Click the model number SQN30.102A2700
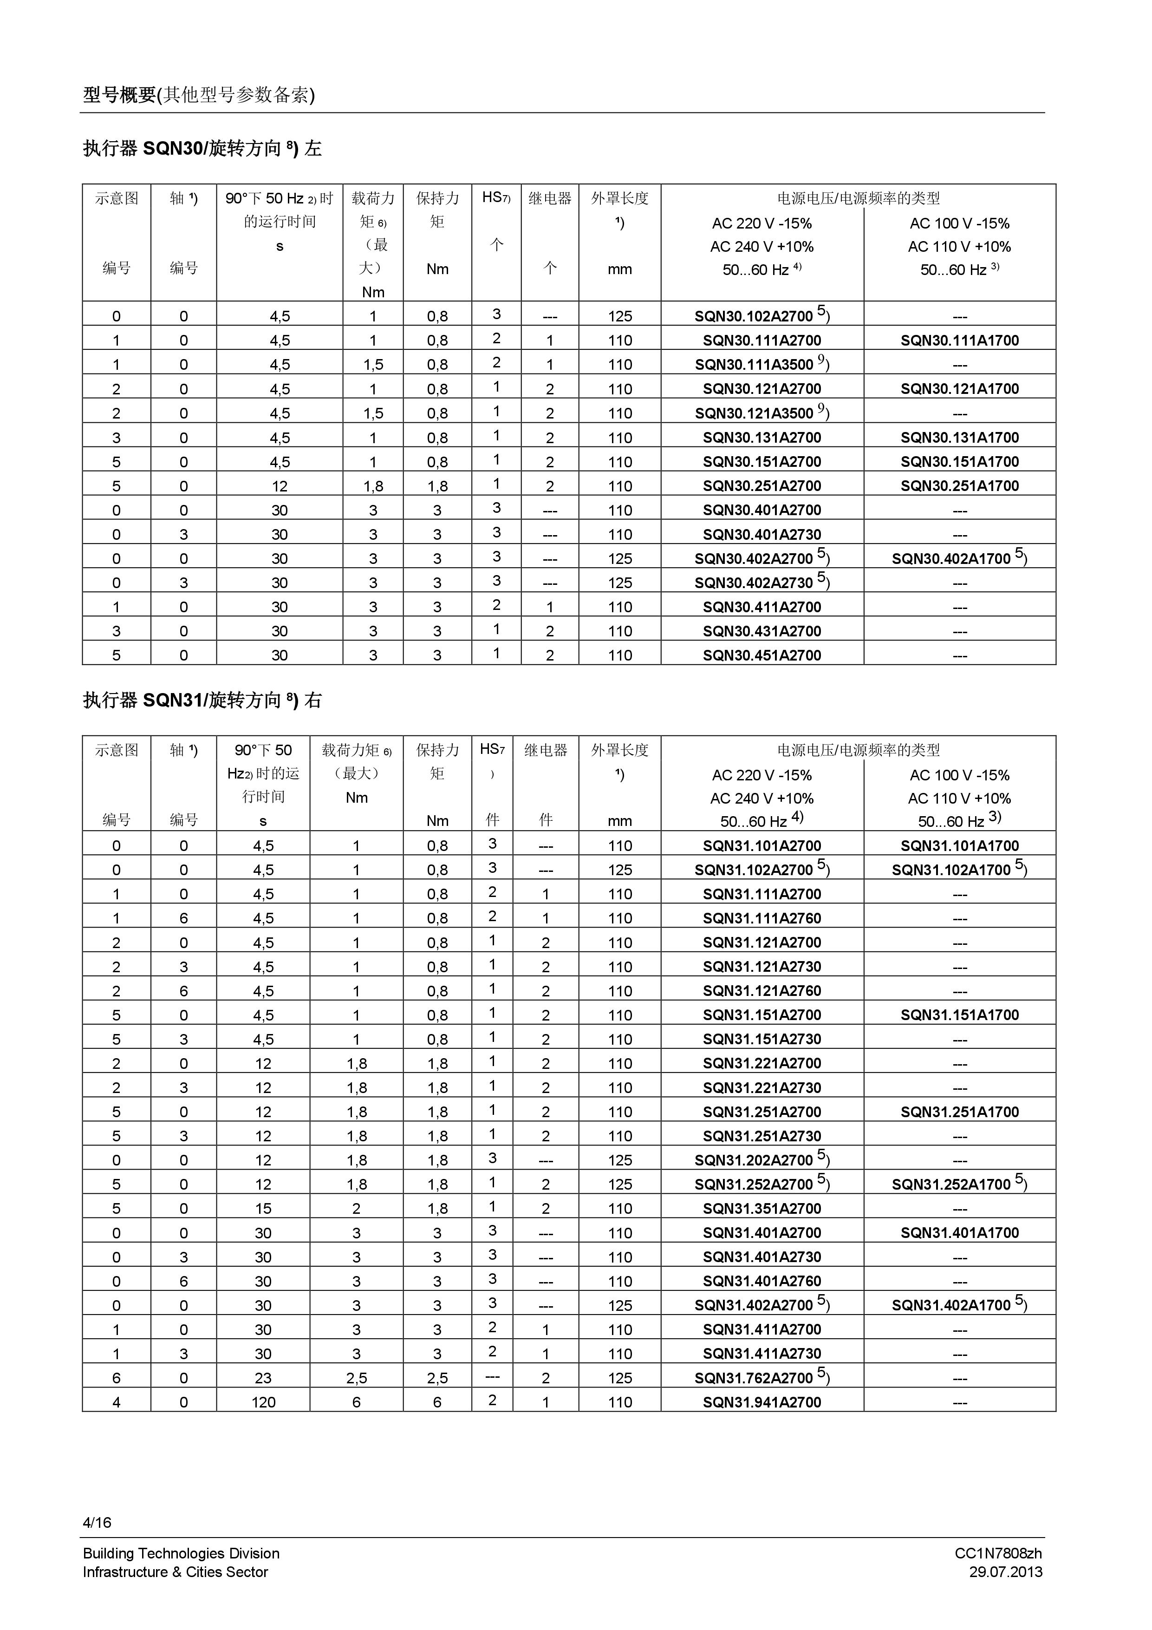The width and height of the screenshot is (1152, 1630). pyautogui.click(x=753, y=316)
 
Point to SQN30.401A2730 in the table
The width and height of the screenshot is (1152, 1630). pyautogui.click(x=761, y=535)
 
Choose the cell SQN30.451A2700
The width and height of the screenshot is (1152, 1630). pyautogui.click(x=761, y=655)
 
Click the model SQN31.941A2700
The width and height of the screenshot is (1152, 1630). pyautogui.click(x=761, y=1402)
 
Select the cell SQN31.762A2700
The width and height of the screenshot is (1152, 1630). pyautogui.click(x=753, y=1378)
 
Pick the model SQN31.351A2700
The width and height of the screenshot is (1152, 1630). pyautogui.click(x=761, y=1208)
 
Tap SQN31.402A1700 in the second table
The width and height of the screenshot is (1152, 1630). pyautogui.click(x=951, y=1305)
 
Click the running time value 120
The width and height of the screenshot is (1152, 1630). pyautogui.click(x=263, y=1402)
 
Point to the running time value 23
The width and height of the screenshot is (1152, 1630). pyautogui.click(x=263, y=1378)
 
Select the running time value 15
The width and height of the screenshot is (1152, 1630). pyautogui.click(x=263, y=1208)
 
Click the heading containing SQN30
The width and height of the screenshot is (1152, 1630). pyautogui.click(x=202, y=148)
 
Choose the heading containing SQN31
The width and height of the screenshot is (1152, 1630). pyautogui.click(x=202, y=700)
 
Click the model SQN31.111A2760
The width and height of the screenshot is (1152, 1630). pyautogui.click(x=761, y=918)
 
